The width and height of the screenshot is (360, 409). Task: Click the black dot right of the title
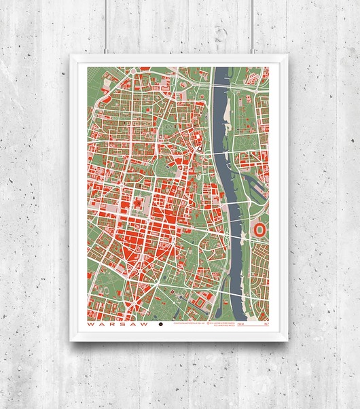coord(161,326)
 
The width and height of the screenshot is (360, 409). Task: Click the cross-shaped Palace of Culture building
coord(139,203)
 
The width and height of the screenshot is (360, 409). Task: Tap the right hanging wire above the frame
coord(253,27)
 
